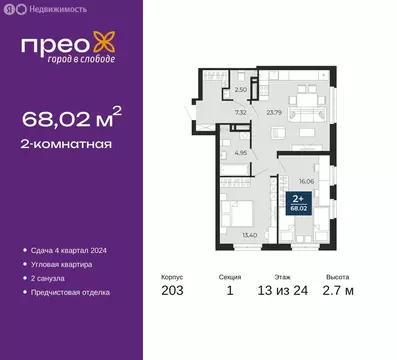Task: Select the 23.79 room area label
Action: [274, 112]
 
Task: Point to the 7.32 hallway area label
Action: [241, 112]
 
